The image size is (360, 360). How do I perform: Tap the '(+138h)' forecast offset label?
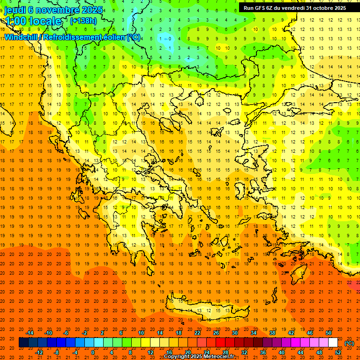pyautogui.click(x=83, y=21)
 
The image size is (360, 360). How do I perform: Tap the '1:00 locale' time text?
pyautogui.click(x=33, y=21)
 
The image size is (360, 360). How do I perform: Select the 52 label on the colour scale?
pyautogui.click(x=338, y=352)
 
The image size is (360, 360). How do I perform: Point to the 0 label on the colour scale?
pyautogui.click(x=92, y=352)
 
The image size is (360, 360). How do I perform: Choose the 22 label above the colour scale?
pyautogui.click(x=197, y=333)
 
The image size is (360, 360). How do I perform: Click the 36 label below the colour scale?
pyautogui.click(x=263, y=352)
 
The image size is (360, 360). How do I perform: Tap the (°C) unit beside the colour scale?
pyautogui.click(x=349, y=343)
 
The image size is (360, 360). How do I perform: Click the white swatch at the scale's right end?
pyautogui.click(x=333, y=343)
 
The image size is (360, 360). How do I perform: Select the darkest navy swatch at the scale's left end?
pyautogui.click(x=23, y=343)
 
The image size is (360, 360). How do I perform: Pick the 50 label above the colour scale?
pyautogui.click(x=328, y=333)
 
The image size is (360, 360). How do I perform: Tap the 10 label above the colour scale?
pyautogui.click(x=141, y=333)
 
